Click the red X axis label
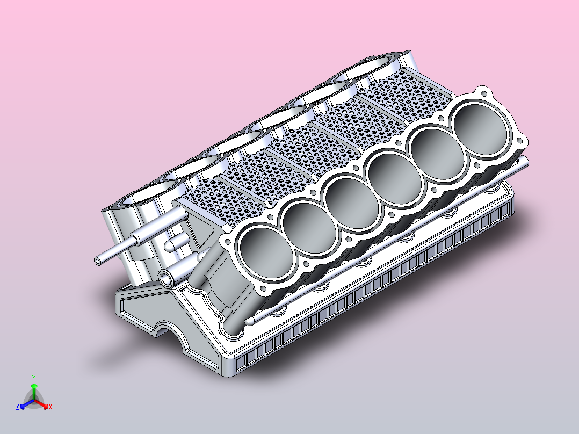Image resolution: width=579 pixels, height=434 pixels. (50, 407)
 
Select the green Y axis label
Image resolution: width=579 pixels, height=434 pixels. (33, 378)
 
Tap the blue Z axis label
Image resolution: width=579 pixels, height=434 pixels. (18, 407)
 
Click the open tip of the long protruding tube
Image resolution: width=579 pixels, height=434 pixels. (97, 261)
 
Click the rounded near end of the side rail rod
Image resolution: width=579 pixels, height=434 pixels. (249, 322)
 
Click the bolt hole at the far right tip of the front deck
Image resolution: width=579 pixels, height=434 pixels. (520, 141)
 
